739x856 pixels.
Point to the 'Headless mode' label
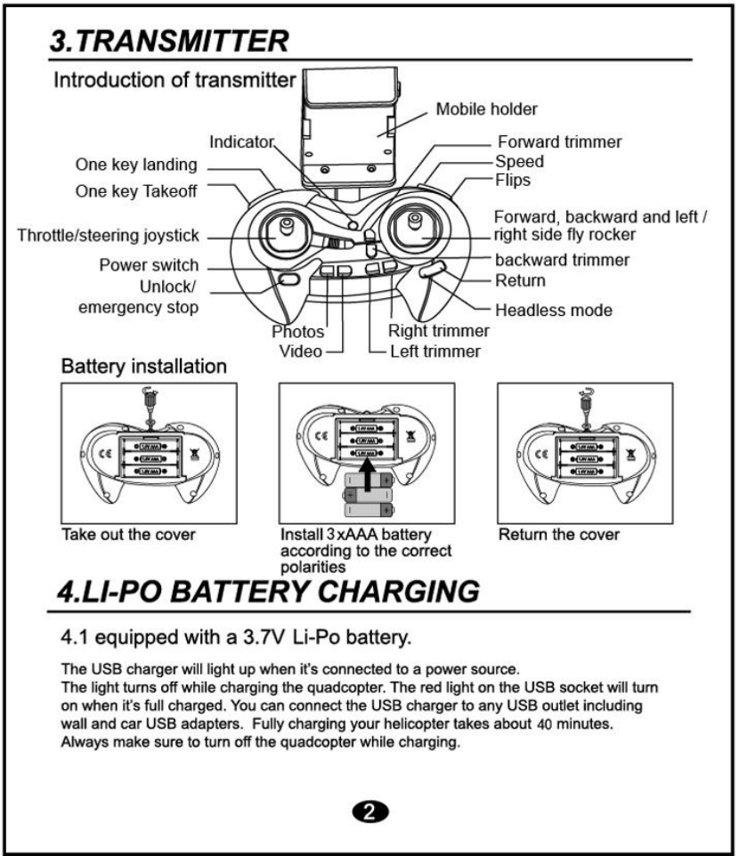click(x=553, y=311)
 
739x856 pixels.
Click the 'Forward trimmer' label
click(x=559, y=142)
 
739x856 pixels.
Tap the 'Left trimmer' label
click(x=435, y=351)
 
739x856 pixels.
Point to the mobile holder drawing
click(x=349, y=125)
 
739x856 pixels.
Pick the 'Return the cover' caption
click(x=557, y=536)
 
